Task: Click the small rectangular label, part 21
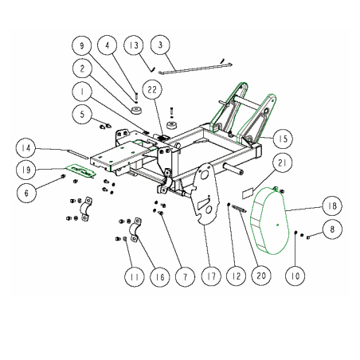[x=248, y=192]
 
